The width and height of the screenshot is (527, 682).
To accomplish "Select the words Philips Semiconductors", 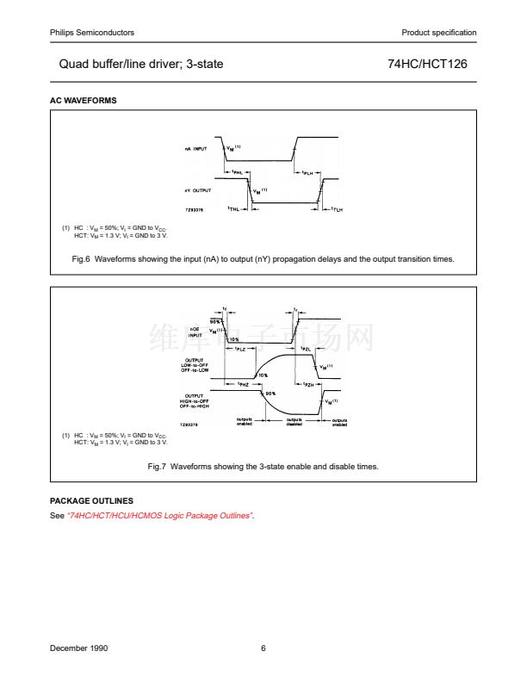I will click(x=92, y=33).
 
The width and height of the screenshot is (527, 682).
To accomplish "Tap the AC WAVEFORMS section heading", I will click(x=84, y=101).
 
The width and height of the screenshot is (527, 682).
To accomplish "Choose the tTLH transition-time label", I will click(x=338, y=209).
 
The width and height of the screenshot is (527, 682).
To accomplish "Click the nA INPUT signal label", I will click(x=196, y=149).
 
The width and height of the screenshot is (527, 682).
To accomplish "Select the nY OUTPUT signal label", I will click(x=197, y=189).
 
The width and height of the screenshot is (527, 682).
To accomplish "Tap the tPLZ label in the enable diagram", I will click(x=240, y=349).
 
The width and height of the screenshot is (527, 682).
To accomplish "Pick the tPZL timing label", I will click(x=306, y=349).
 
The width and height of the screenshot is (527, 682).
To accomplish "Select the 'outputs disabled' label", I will click(x=294, y=422).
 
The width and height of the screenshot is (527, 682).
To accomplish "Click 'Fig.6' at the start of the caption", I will click(x=83, y=258).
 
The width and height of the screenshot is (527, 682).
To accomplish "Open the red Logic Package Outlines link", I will click(x=160, y=515).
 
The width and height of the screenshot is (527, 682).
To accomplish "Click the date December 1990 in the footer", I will click(x=79, y=648).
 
